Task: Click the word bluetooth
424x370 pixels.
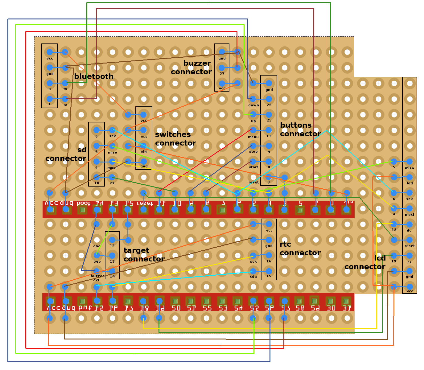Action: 94,76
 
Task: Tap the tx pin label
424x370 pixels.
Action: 65,89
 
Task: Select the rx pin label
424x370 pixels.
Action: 65,105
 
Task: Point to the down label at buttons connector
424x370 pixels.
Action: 253,105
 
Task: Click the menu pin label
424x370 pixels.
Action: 253,137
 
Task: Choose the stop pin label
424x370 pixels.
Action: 253,151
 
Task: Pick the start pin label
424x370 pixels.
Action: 253,167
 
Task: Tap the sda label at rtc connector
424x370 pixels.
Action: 253,277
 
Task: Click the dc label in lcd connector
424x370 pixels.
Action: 409,230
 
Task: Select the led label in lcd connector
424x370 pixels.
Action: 410,183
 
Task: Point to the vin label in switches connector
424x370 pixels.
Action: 144,152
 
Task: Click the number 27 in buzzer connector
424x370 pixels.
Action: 222,74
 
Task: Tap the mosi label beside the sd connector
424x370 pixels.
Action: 112,168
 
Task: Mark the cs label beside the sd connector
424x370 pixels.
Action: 112,183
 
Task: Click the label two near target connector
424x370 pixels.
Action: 97,261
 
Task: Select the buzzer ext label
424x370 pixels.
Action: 97,278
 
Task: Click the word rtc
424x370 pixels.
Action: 285,244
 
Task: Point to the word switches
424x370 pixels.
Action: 173,134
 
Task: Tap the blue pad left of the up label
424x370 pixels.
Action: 253,115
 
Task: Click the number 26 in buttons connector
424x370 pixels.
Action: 269,105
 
